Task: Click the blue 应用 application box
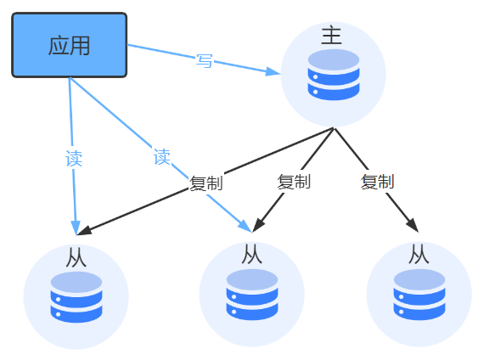pyautogui.click(x=69, y=45)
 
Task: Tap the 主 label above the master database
pyautogui.click(x=331, y=36)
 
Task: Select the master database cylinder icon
pyautogui.click(x=334, y=75)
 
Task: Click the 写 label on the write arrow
pyautogui.click(x=205, y=60)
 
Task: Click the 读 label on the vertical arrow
pyautogui.click(x=74, y=159)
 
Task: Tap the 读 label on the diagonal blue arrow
pyautogui.click(x=161, y=157)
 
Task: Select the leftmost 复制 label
pyautogui.click(x=205, y=183)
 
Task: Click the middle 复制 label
pyautogui.click(x=294, y=182)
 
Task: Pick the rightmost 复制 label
pyautogui.click(x=378, y=182)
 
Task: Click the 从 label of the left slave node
pyautogui.click(x=76, y=257)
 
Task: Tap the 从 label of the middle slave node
pyautogui.click(x=252, y=255)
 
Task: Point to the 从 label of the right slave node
pyautogui.click(x=419, y=255)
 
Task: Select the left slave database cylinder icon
pyautogui.click(x=76, y=297)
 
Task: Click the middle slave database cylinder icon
pyautogui.click(x=252, y=295)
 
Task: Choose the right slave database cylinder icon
pyautogui.click(x=419, y=295)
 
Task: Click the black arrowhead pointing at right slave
pyautogui.click(x=413, y=225)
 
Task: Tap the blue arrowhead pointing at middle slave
pyautogui.click(x=245, y=226)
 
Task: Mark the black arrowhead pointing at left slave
pyautogui.click(x=84, y=231)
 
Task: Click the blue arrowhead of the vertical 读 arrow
pyautogui.click(x=76, y=228)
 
